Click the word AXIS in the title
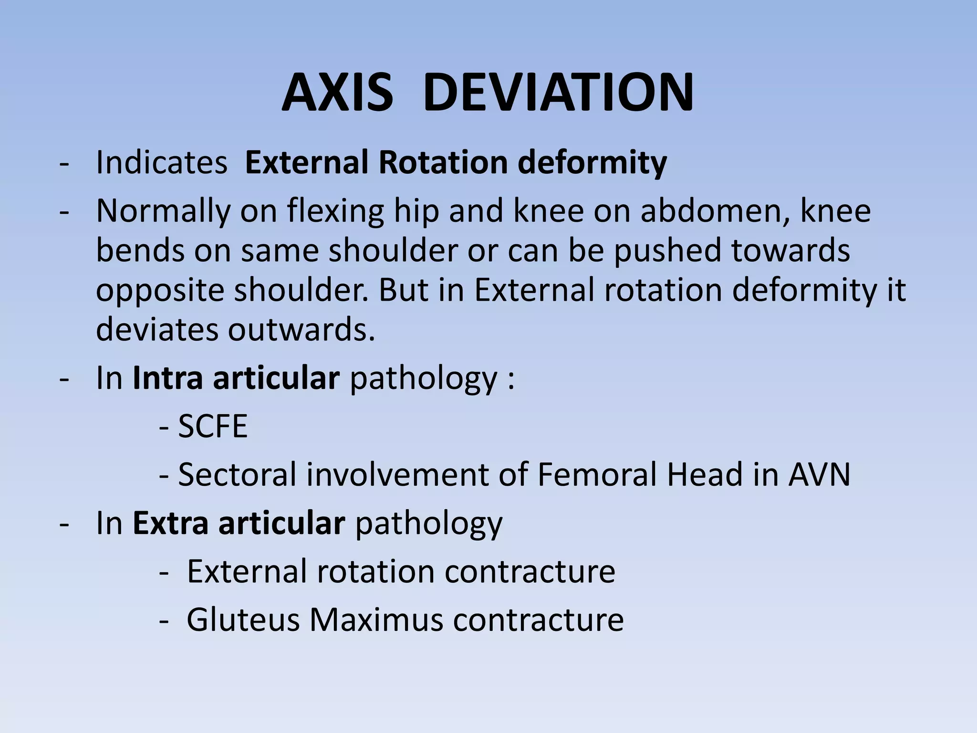tap(337, 93)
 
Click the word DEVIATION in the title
tap(558, 93)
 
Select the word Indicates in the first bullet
tap(162, 163)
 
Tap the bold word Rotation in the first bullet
tap(443, 163)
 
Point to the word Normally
tap(163, 211)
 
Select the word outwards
tap(301, 329)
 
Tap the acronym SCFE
tap(213, 426)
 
